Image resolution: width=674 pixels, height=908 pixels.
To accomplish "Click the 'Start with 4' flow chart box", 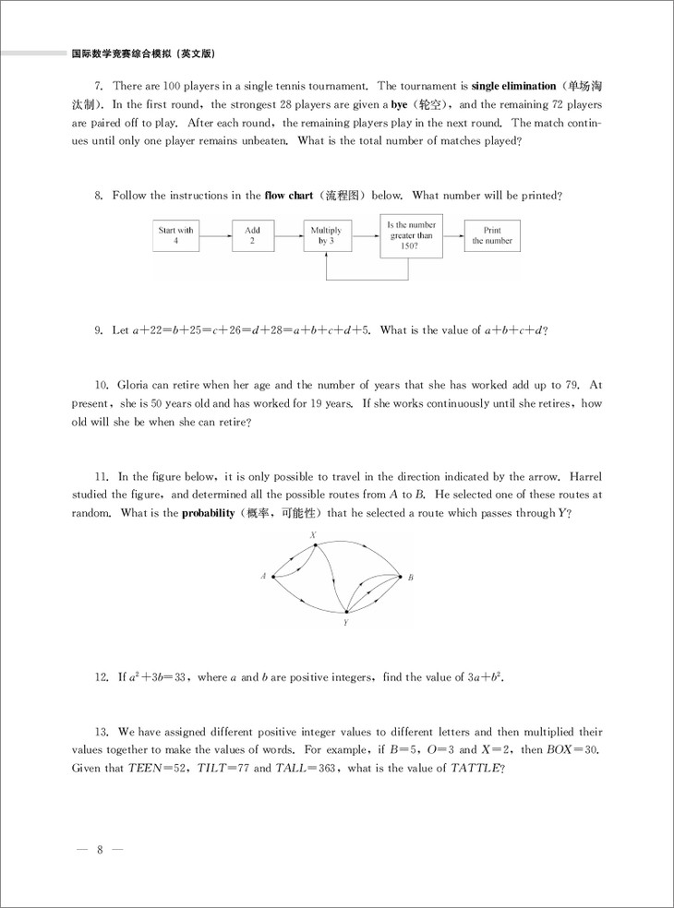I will (175, 235).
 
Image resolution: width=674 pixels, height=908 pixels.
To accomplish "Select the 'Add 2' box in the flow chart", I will (253, 235).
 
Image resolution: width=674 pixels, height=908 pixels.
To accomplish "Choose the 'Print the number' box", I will (491, 235).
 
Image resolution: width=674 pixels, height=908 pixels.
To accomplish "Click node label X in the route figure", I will (314, 535).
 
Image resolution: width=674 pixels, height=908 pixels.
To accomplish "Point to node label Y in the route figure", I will (345, 623).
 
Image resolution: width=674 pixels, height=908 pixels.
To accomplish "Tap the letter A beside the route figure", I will (263, 577).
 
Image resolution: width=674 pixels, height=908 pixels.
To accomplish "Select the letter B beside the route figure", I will (410, 578).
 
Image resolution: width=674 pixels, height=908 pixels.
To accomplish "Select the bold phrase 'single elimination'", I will (514, 86).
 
